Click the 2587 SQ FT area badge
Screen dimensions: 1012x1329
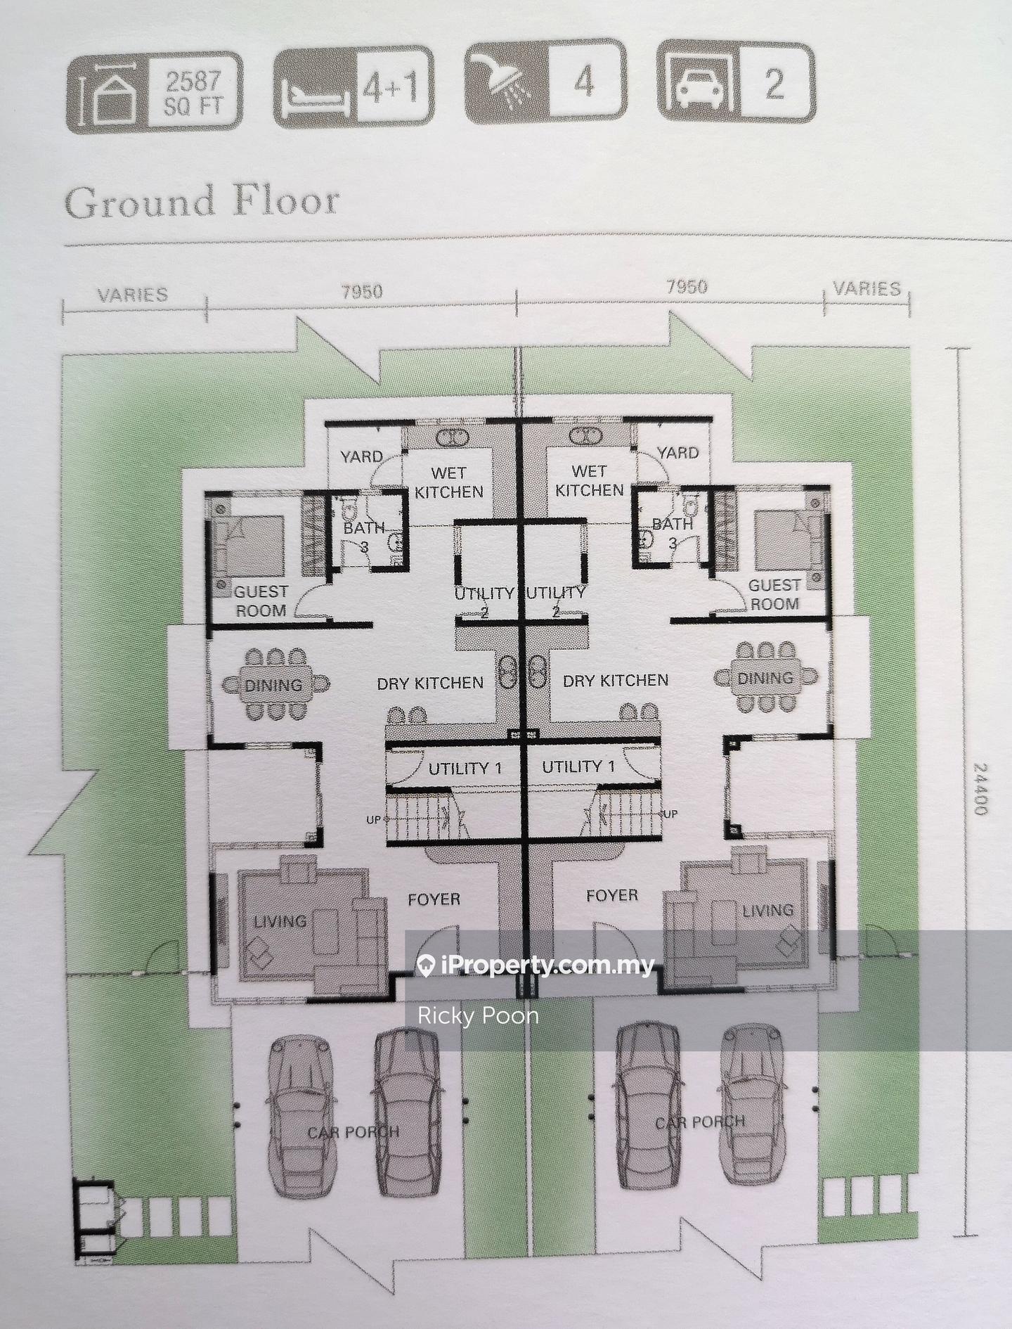coord(155,92)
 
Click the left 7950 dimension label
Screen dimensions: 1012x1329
coord(362,291)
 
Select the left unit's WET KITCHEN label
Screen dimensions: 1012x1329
coord(449,482)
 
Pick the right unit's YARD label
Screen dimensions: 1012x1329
coord(677,452)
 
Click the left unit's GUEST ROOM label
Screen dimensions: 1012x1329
coord(261,601)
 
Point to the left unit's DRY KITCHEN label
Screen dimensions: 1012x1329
coord(430,683)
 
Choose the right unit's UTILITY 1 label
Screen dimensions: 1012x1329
coord(578,766)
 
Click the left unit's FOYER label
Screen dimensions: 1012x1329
coord(434,899)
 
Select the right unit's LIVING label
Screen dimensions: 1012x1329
coord(767,911)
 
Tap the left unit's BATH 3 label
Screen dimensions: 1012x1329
coord(364,537)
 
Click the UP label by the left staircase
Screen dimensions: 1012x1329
coord(372,820)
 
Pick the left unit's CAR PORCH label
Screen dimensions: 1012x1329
coord(353,1132)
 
